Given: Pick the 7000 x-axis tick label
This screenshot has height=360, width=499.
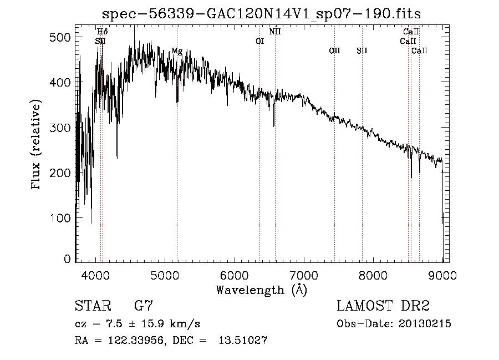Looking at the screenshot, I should pos(304,275).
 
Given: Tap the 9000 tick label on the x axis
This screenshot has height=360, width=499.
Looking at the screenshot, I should pos(442,275).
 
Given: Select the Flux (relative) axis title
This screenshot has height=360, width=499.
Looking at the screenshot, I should pos(37,145).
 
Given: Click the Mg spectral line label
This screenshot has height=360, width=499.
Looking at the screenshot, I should pos(177,51).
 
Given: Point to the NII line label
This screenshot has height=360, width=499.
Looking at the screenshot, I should pos(275,32).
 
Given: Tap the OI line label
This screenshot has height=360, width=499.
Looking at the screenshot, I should pos(259,41).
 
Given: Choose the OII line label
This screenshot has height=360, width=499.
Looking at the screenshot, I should pos(334,51).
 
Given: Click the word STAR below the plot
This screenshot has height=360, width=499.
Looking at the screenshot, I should pos(93,306).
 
